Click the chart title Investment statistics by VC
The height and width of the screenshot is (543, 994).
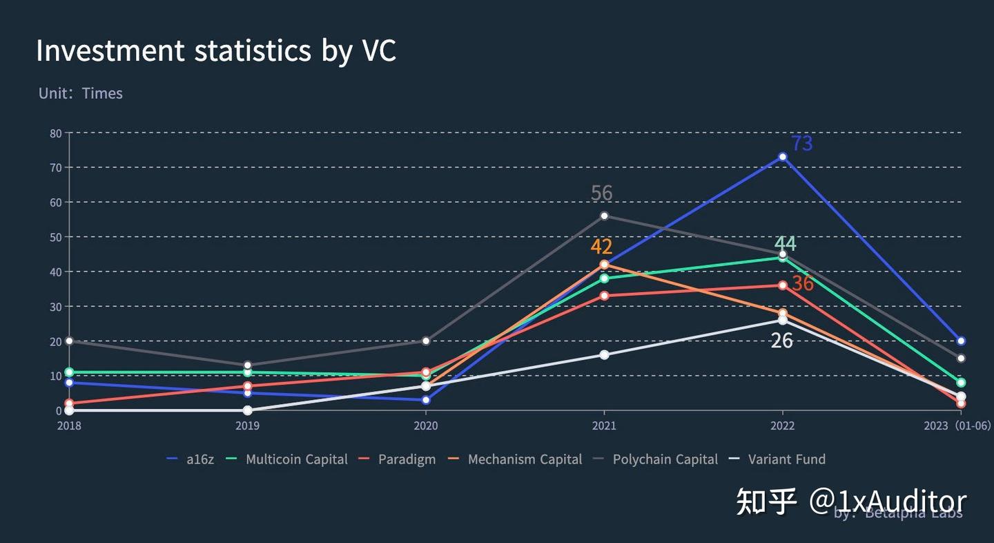[216, 51]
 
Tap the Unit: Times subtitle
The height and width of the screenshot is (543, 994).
[81, 93]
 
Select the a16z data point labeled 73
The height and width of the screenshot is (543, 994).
[782, 157]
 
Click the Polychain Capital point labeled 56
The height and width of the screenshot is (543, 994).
[604, 216]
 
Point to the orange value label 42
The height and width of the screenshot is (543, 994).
[601, 247]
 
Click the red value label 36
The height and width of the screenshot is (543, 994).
[803, 283]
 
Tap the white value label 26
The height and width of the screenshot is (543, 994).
[781, 340]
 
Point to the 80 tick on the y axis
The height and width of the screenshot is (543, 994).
[56, 133]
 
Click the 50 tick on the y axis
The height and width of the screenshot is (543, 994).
[56, 237]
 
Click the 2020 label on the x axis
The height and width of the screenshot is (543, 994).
[426, 426]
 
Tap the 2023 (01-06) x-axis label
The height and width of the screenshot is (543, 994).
[957, 426]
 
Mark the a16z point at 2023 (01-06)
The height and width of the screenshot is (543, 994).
[961, 341]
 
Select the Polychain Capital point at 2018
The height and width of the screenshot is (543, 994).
[69, 341]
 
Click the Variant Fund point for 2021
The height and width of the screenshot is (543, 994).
[604, 354]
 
